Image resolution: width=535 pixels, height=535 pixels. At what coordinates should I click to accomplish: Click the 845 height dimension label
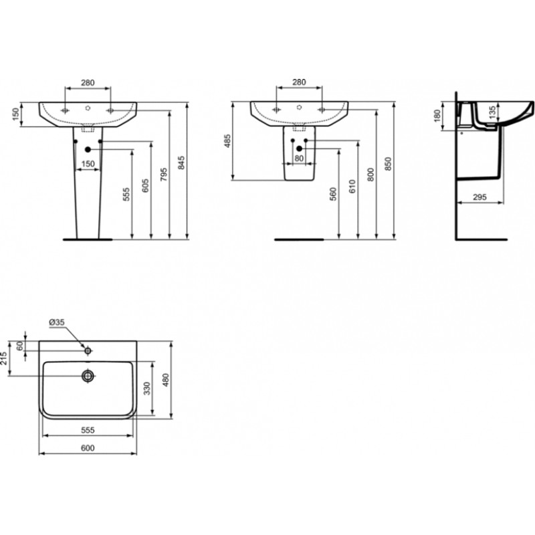(181, 163)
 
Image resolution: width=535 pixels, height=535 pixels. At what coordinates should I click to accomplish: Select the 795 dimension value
(164, 175)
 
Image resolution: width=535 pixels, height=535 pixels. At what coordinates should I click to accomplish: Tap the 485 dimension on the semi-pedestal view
(227, 141)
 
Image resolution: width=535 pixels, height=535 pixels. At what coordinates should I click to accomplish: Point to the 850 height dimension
(388, 164)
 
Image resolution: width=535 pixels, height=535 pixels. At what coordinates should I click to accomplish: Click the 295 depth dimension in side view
(479, 197)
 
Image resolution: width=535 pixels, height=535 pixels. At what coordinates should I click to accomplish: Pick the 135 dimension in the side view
(492, 112)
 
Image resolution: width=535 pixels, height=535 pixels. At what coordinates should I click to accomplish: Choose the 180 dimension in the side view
(437, 116)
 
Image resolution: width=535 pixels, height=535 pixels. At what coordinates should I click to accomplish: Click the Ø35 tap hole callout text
(57, 322)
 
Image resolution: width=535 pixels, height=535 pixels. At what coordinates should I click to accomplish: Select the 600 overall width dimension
(88, 448)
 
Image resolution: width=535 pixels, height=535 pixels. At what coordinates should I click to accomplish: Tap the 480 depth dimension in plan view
(165, 380)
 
